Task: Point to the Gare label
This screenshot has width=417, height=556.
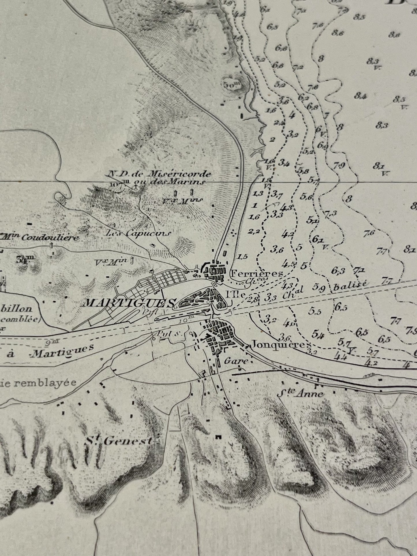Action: pos(236,361)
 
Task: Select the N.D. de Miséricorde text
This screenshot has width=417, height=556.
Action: pos(160,174)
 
